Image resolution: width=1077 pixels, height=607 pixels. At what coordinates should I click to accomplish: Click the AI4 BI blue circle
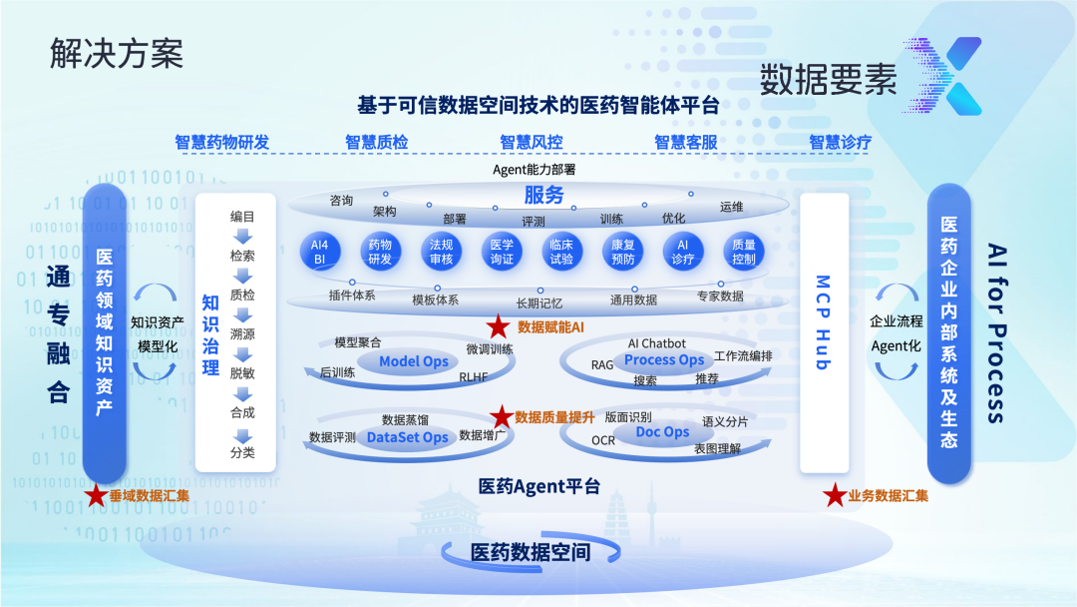click(319, 252)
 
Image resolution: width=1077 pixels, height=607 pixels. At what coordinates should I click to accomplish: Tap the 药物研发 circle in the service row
click(380, 252)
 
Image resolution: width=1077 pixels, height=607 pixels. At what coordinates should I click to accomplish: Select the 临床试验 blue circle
click(561, 252)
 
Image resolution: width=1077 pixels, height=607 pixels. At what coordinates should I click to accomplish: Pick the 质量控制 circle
click(743, 252)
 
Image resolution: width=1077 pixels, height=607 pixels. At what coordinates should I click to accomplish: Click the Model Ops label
click(413, 361)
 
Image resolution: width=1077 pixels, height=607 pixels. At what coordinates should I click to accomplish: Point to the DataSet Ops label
click(407, 437)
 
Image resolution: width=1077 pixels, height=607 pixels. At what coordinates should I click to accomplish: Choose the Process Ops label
click(664, 359)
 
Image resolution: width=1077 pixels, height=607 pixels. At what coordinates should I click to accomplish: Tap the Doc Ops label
click(662, 432)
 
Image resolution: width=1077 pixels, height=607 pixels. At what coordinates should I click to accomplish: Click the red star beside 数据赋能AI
click(498, 326)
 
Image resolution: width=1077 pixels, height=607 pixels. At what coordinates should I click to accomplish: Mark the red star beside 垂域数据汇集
click(96, 495)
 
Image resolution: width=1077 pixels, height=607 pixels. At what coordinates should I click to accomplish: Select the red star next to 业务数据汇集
click(834, 495)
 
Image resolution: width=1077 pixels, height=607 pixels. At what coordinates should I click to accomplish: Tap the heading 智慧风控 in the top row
click(532, 142)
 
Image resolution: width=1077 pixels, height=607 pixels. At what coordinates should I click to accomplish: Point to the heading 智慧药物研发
click(221, 142)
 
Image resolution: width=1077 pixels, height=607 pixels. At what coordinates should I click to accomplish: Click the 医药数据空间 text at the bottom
click(531, 552)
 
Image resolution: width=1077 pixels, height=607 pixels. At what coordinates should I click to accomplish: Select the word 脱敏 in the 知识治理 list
click(242, 372)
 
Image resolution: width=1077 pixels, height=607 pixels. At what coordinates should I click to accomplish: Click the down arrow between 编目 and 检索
click(242, 237)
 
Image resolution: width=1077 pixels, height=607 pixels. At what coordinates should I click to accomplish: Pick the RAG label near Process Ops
click(602, 365)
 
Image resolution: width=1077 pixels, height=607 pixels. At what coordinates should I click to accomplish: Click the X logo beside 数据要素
click(943, 77)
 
